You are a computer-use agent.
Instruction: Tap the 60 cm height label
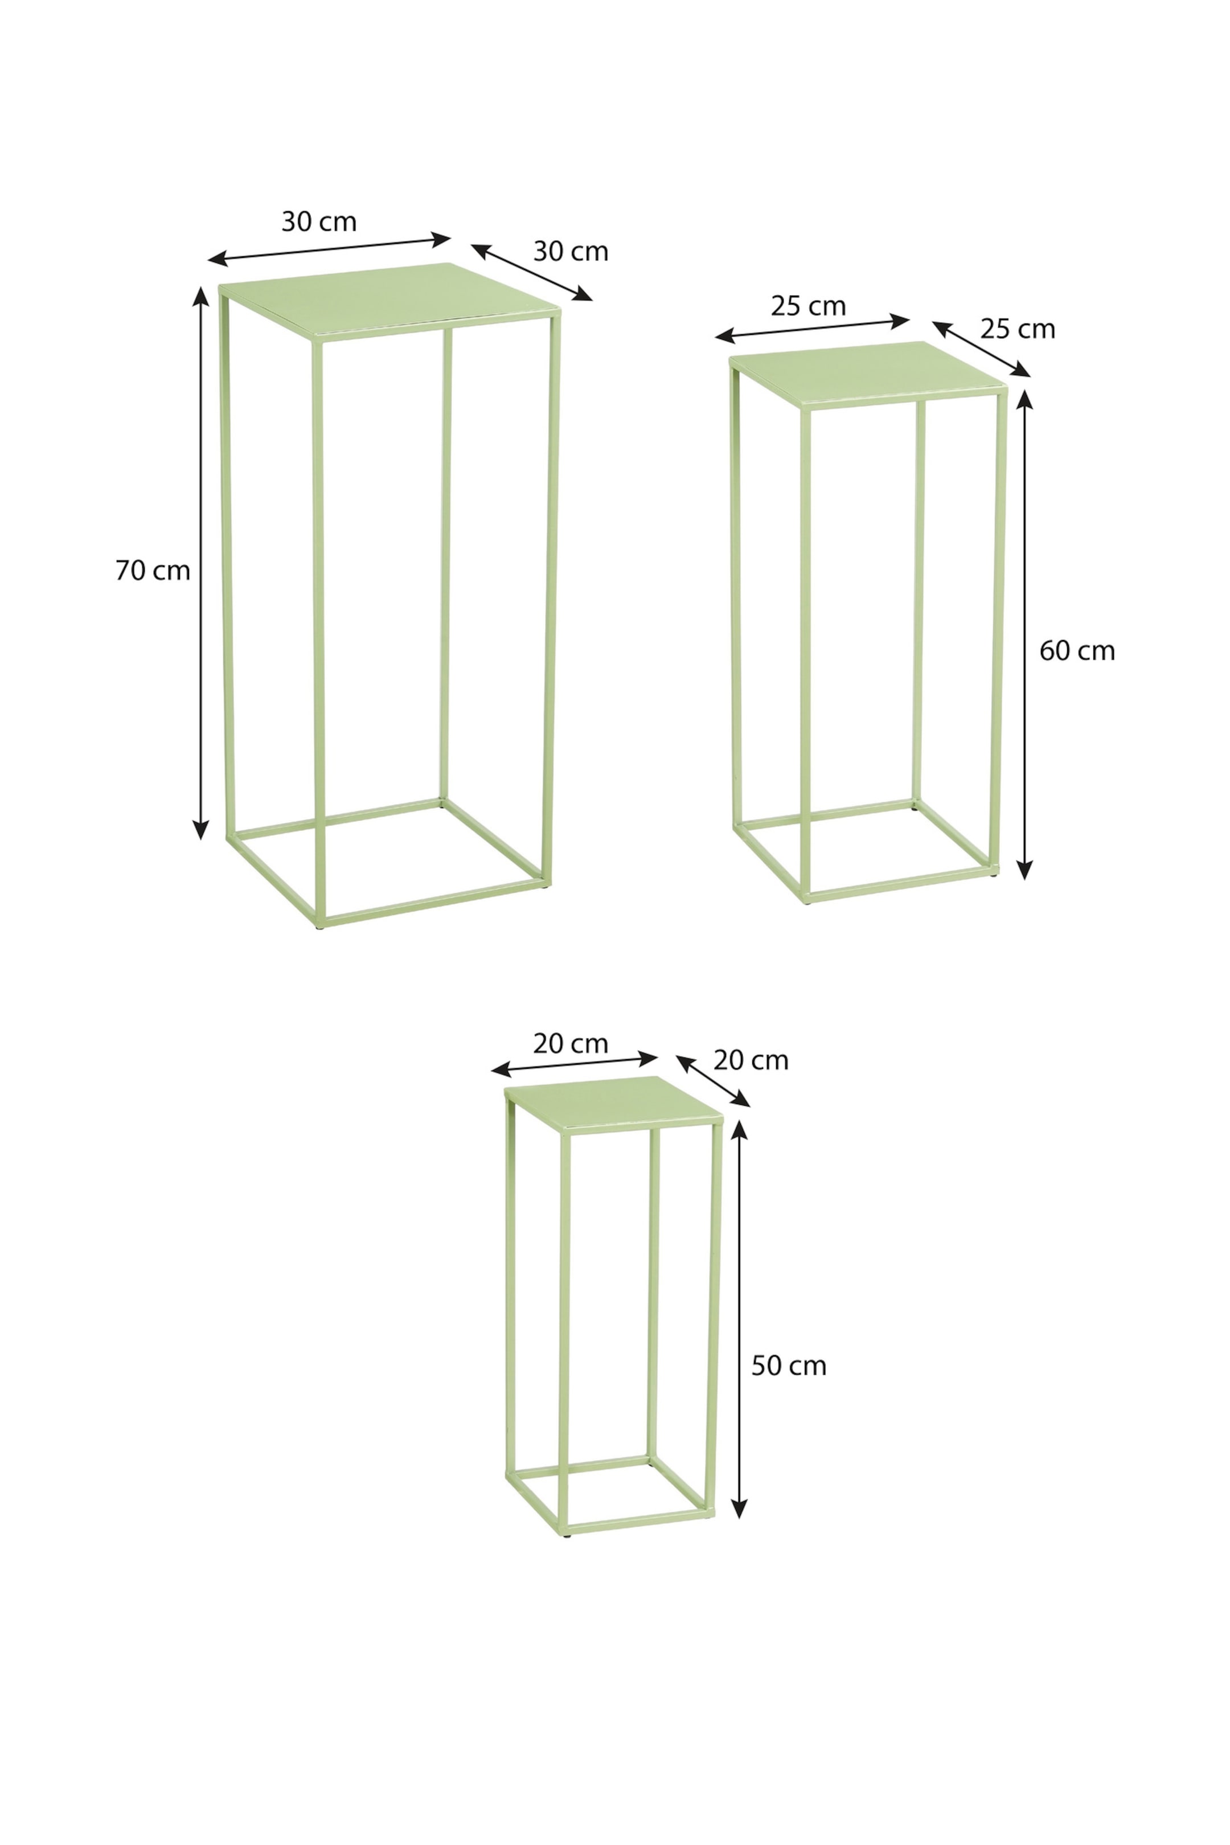pos(1077,650)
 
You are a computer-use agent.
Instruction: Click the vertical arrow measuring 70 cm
pos(202,563)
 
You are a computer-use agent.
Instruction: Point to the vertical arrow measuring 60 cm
pos(1024,634)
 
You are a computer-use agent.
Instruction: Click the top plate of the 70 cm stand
pos(391,301)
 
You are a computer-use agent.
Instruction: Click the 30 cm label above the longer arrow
pos(319,222)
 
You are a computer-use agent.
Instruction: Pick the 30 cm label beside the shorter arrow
pos(571,251)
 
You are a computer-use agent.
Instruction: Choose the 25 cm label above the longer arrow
pos(809,306)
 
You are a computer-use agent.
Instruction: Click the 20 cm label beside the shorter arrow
pos(752,1060)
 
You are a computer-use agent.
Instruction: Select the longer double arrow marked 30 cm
pos(330,249)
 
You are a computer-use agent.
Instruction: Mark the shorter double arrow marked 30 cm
pos(532,272)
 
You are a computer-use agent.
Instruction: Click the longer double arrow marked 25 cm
pos(813,329)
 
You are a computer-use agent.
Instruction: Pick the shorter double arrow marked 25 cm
pos(981,349)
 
